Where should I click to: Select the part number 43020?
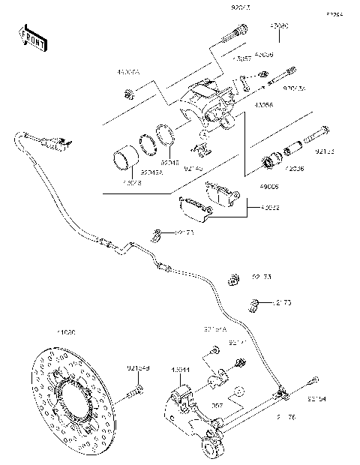(280, 25)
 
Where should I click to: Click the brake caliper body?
(204, 105)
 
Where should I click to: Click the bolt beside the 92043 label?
(236, 32)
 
